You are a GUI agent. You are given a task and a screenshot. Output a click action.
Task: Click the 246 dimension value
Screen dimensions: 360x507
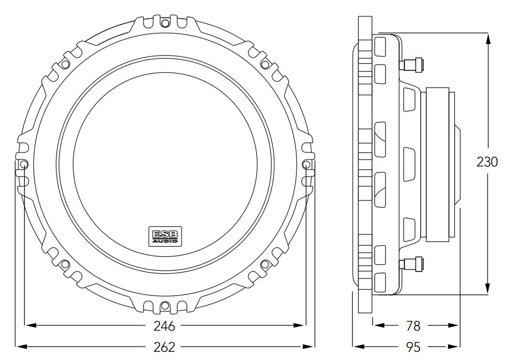pyautogui.click(x=165, y=325)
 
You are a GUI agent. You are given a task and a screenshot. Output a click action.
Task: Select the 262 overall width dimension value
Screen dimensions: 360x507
pyautogui.click(x=165, y=347)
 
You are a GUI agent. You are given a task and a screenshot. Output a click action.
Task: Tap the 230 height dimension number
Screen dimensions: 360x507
pyautogui.click(x=486, y=162)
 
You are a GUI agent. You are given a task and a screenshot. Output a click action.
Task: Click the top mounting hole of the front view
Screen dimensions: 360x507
pyautogui.click(x=165, y=23)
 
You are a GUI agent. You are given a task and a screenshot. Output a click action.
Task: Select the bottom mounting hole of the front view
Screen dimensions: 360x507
pyautogui.click(x=165, y=305)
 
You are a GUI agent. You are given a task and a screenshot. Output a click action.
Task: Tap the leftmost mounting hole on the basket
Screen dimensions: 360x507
pyautogui.click(x=23, y=165)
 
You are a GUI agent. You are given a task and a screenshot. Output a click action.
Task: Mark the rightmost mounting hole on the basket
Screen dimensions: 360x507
pyautogui.click(x=306, y=165)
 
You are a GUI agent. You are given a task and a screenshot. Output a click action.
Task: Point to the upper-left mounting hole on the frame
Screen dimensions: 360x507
pyautogui.click(x=65, y=64)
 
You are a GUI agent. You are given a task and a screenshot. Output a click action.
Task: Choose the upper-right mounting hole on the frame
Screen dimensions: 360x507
pyautogui.click(x=265, y=64)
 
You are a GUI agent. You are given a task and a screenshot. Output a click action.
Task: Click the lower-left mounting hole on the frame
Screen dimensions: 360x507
pyautogui.click(x=65, y=264)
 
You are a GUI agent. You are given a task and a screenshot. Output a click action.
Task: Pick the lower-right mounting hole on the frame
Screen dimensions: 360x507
pyautogui.click(x=265, y=264)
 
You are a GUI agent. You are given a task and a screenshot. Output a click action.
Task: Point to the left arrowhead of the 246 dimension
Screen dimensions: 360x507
pyautogui.click(x=28, y=325)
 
